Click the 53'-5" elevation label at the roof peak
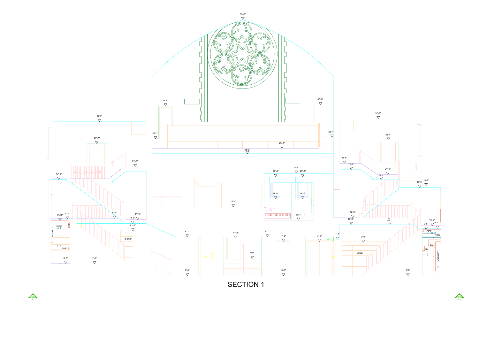[x=243, y=14]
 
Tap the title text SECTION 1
[x=246, y=284]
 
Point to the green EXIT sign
[x=329, y=239]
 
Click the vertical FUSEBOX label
[x=53, y=231]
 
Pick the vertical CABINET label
[x=438, y=256]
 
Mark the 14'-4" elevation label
[x=233, y=202]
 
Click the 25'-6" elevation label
[x=247, y=150]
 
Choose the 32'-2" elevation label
[x=99, y=116]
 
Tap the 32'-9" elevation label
[x=378, y=113]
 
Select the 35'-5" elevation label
[x=165, y=101]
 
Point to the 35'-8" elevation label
[x=320, y=99]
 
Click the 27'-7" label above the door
[x=97, y=138]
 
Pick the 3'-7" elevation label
[x=252, y=253]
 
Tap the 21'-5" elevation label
[x=296, y=168]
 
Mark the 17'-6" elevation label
[x=59, y=174]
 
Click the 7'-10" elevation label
[x=236, y=233]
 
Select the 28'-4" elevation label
[x=388, y=135]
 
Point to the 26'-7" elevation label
[x=282, y=143]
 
